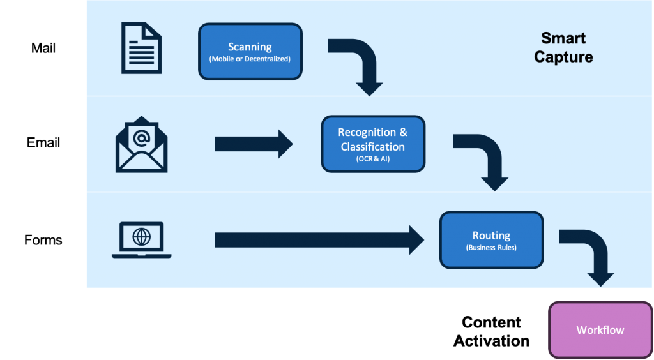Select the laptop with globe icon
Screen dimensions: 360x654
(141, 240)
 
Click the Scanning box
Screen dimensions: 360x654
(250, 52)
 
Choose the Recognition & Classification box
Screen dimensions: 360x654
(372, 144)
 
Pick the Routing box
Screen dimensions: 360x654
(490, 240)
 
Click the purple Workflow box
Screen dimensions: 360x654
(600, 330)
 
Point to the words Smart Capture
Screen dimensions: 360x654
(563, 47)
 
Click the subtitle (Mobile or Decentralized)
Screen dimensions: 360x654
(250, 59)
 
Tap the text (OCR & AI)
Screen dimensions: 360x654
(372, 159)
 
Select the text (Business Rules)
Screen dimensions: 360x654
(490, 248)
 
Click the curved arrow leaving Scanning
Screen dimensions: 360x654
(361, 64)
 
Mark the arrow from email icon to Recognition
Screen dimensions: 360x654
(253, 144)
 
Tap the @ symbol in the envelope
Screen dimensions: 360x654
(141, 137)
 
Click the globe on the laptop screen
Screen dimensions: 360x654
(141, 237)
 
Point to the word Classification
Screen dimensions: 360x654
(372, 147)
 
